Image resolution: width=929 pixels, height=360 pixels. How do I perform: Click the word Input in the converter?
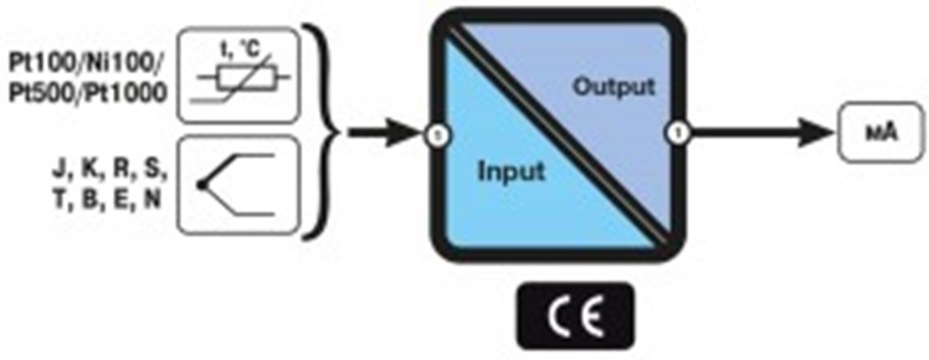(x=511, y=171)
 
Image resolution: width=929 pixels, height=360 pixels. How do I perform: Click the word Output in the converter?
(x=614, y=86)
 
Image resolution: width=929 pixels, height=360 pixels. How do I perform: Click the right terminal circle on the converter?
(x=677, y=132)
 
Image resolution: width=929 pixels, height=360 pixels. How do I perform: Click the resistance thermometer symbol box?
(x=239, y=75)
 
